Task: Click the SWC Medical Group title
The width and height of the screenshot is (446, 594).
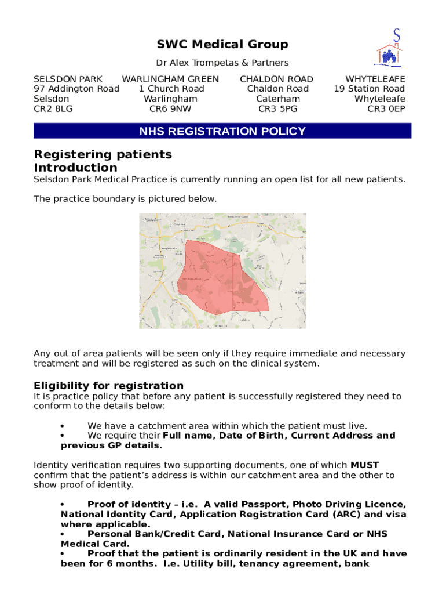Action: click(222, 45)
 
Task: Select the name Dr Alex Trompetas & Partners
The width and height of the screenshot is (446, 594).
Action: click(222, 63)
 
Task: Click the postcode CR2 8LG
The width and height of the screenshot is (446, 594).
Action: click(53, 108)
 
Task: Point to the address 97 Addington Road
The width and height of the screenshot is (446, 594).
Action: click(76, 89)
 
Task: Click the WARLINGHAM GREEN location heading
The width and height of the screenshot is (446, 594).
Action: click(170, 79)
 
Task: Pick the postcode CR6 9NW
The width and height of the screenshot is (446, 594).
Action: click(170, 108)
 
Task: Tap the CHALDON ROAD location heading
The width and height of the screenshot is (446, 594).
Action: click(276, 79)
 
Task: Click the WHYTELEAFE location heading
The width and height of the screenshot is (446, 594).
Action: click(375, 79)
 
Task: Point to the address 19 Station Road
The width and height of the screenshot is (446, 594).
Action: click(369, 89)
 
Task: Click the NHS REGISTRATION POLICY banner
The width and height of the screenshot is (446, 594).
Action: click(222, 131)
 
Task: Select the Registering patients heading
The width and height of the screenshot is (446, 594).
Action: click(103, 154)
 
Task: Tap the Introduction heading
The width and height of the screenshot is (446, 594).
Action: click(75, 168)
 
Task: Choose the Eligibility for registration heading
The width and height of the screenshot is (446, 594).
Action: click(108, 386)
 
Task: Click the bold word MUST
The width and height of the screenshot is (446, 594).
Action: click(365, 465)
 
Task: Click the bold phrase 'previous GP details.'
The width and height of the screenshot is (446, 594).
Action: click(112, 445)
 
